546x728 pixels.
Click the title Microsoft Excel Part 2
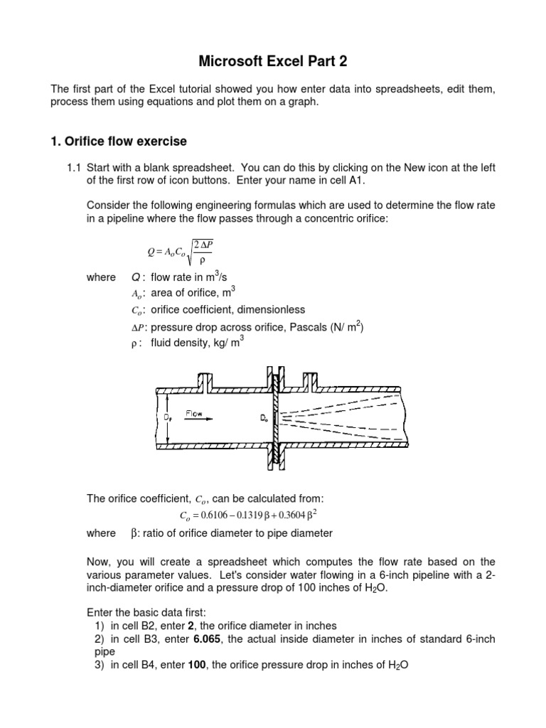tap(273, 62)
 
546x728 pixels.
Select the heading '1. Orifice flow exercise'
tap(118, 141)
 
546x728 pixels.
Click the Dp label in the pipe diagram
tap(168, 418)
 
